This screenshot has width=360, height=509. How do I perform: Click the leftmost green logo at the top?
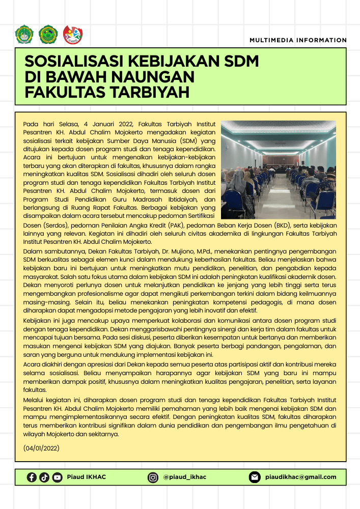click(x=24, y=34)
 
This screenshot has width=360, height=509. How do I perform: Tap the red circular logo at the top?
click(x=72, y=34)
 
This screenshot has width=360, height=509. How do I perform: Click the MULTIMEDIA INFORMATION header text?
click(x=298, y=40)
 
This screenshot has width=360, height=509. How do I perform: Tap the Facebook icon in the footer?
click(x=32, y=477)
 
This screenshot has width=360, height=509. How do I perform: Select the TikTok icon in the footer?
click(x=44, y=477)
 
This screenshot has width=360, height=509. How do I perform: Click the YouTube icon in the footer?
click(x=57, y=477)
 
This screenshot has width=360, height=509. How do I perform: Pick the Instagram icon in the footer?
click(x=153, y=477)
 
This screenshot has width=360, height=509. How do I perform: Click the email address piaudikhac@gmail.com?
click(x=301, y=477)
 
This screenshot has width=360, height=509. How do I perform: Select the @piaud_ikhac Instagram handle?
click(x=185, y=477)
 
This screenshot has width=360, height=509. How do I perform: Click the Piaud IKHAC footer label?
click(x=87, y=477)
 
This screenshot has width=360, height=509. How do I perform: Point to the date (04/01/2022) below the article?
click(x=42, y=448)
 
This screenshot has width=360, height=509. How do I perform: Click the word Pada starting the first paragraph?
click(x=31, y=124)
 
